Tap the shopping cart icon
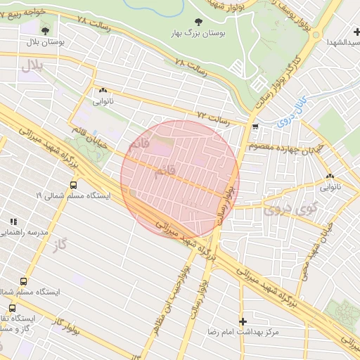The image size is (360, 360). pos(255,127)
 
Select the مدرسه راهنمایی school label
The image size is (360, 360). pos(21,231)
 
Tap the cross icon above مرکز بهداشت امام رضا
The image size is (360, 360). pos(243,321)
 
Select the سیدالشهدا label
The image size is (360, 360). pos(341,43)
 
